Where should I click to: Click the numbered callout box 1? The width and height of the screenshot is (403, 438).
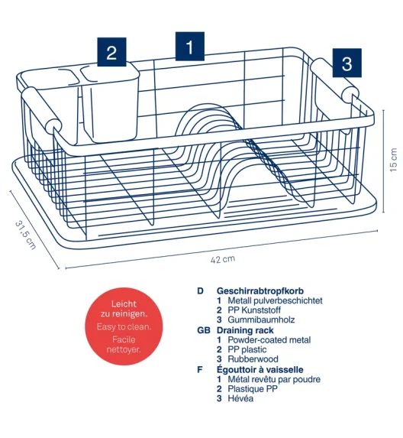[x=189, y=47]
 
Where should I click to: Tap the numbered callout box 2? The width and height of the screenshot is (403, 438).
[x=111, y=52]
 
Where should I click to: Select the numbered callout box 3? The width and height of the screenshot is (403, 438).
[x=347, y=63]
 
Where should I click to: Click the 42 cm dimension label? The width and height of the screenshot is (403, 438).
[x=223, y=259]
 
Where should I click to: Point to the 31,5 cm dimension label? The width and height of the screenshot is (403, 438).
[x=25, y=235]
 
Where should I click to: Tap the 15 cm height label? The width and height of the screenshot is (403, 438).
[x=393, y=160]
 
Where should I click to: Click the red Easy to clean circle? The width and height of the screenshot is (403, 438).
[x=124, y=326]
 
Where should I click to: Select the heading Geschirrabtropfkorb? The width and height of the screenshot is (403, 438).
[x=260, y=290]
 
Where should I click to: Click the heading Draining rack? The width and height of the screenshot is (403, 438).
[x=245, y=330]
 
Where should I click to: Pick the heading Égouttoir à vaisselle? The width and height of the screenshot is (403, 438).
[x=260, y=369]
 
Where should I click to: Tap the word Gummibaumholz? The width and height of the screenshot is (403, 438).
[x=261, y=320]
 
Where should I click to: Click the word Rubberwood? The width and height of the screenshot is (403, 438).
[x=253, y=359]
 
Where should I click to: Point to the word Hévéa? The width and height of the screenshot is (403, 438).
[x=240, y=398]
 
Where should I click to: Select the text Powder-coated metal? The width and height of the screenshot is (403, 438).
[x=269, y=340]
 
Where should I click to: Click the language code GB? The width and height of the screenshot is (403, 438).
[x=204, y=330]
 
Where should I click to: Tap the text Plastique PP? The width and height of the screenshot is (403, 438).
[x=253, y=389]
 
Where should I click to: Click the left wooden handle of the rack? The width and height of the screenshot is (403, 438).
[x=40, y=109]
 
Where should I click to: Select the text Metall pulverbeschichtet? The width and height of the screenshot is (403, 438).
[x=275, y=300]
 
